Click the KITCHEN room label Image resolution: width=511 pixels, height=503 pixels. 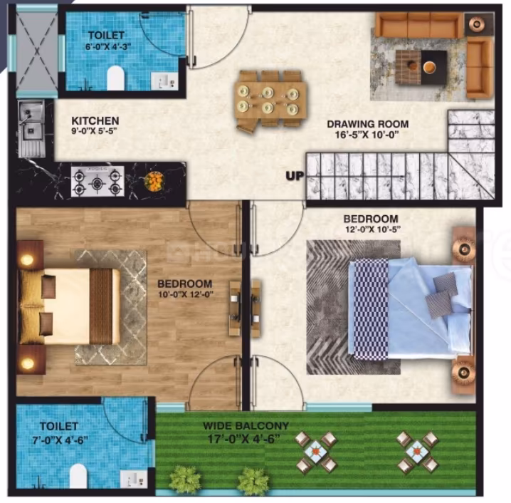point(95,120)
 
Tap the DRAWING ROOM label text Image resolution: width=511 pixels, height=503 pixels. point(368,124)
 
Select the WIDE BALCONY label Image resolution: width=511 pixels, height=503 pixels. point(246,425)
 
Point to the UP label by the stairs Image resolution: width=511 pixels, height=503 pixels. point(295,176)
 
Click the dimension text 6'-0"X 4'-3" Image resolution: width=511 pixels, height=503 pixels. point(108,46)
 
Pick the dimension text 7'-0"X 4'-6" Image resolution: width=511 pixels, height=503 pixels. point(60,440)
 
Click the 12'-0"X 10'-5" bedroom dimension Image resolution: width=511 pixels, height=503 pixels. point(373,229)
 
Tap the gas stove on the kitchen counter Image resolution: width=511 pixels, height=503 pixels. point(98,182)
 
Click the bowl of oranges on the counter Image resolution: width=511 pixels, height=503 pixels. point(154,181)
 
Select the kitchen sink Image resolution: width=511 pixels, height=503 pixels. point(31,128)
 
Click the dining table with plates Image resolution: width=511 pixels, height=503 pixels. point(270,98)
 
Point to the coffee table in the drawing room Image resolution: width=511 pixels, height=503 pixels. point(421,67)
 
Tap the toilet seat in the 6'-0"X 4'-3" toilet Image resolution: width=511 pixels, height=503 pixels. point(116,78)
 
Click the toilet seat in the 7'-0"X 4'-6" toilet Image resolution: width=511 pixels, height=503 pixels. point(78,476)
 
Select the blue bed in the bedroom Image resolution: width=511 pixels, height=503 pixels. point(410,308)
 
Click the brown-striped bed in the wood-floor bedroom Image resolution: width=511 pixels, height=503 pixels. point(70,306)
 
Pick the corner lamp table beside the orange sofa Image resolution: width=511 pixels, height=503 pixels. point(477,24)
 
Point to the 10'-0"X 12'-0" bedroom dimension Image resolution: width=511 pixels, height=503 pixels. point(186,294)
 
